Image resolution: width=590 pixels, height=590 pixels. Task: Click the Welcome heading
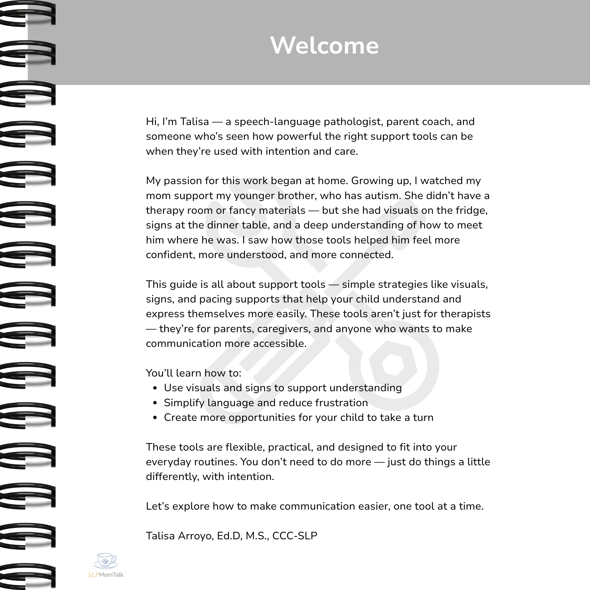[x=324, y=46]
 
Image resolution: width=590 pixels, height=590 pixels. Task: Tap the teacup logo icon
[x=105, y=561]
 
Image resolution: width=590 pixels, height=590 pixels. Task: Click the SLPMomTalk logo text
[x=105, y=575]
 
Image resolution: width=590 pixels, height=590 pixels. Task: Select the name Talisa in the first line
[x=194, y=122]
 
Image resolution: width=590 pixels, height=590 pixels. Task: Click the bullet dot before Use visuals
[x=155, y=388]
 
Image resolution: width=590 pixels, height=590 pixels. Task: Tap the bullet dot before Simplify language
[x=155, y=403]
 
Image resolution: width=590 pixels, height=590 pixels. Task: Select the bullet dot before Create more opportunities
[x=155, y=418]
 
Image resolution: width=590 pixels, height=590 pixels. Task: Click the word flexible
[x=246, y=447]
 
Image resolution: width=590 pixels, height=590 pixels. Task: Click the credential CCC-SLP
[x=295, y=536]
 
